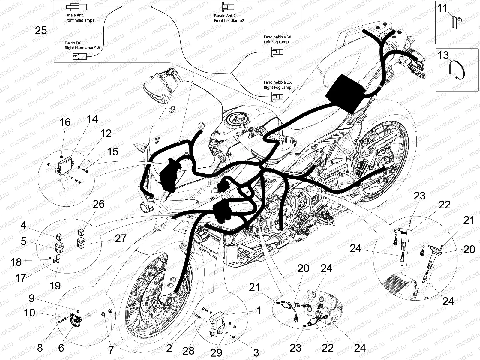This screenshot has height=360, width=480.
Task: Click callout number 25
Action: (41, 30)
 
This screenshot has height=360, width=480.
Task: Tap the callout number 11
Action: (442, 8)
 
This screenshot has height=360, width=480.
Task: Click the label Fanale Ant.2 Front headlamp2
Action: (229, 18)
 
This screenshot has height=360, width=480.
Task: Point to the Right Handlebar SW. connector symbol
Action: (80, 56)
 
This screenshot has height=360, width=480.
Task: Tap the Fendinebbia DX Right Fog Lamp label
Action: (277, 85)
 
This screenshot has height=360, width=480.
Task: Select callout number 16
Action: (65, 122)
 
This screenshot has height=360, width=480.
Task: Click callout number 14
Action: (92, 119)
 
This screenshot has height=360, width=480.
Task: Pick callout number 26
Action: (99, 204)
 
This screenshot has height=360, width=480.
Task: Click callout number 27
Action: (121, 238)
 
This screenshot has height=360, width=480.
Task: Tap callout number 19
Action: (55, 285)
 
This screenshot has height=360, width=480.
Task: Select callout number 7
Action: (111, 350)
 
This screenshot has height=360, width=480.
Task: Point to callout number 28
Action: (188, 350)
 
